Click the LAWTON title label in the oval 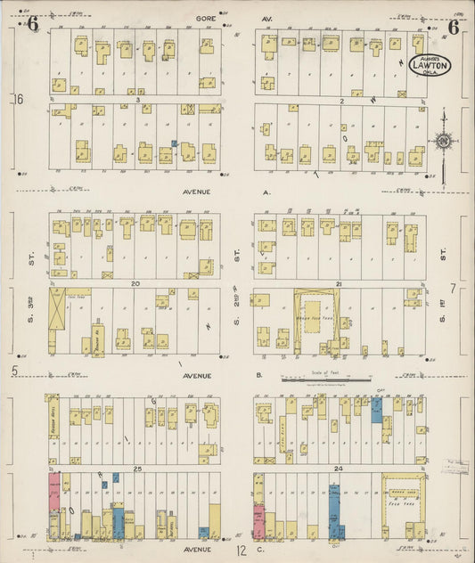[430, 69]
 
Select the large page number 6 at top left [32, 25]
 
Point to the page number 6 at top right [453, 27]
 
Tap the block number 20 [135, 283]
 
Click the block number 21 [340, 283]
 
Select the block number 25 [137, 468]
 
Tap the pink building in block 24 [259, 522]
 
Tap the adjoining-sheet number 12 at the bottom [242, 551]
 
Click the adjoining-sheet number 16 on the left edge [18, 99]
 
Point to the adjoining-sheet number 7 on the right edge [453, 288]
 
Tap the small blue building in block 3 [175, 143]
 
